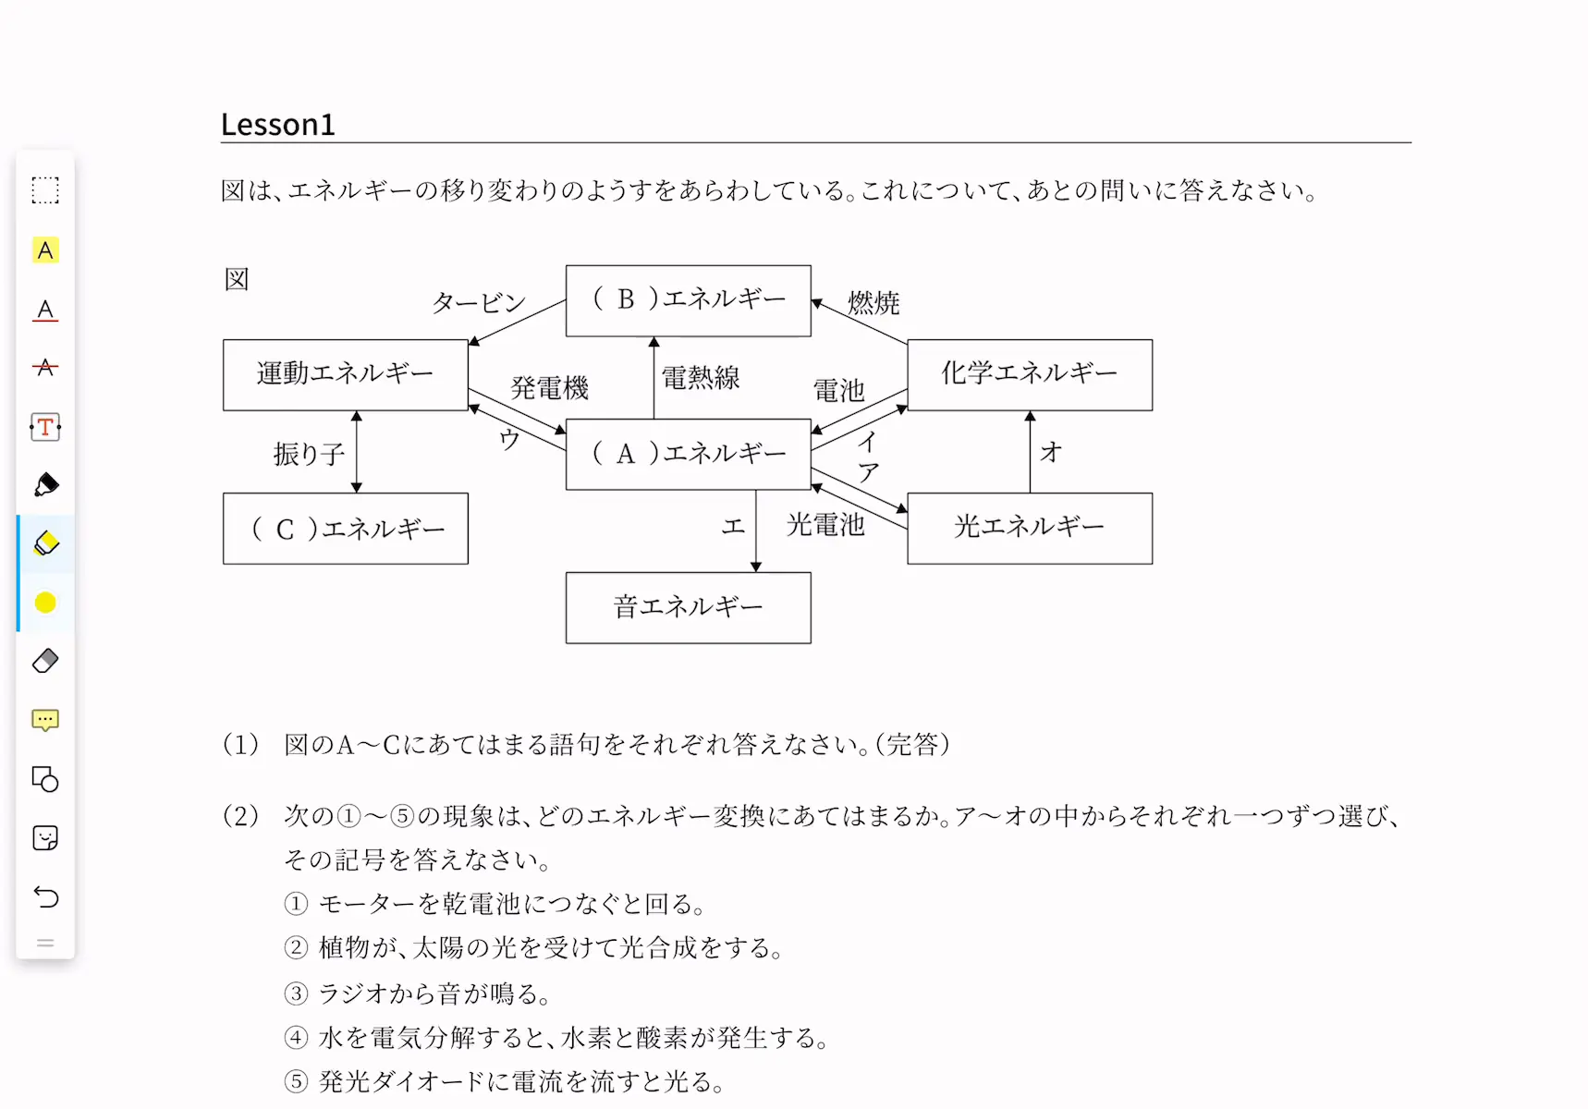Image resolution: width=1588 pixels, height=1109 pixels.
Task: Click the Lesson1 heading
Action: click(277, 125)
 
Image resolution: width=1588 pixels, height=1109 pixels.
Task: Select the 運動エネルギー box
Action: click(346, 374)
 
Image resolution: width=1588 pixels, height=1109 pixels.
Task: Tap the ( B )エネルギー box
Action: click(689, 300)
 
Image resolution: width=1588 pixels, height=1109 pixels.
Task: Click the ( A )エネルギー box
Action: click(689, 454)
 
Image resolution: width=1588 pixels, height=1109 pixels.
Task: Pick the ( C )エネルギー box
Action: click(346, 528)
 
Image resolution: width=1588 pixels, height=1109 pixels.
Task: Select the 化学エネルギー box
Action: click(1030, 374)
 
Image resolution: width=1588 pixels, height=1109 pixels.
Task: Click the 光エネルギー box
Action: click(1030, 528)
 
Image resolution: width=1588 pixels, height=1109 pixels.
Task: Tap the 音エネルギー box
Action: click(689, 607)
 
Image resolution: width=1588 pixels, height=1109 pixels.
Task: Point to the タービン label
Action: click(479, 302)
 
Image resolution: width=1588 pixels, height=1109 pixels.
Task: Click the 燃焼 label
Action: click(873, 302)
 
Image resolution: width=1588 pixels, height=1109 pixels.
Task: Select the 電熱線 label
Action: click(701, 377)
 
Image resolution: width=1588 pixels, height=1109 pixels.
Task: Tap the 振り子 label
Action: click(309, 454)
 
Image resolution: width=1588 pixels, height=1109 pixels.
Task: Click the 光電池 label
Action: click(825, 525)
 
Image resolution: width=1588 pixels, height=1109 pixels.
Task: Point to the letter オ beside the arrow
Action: click(1051, 452)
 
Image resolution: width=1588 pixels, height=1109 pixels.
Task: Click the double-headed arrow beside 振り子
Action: click(357, 452)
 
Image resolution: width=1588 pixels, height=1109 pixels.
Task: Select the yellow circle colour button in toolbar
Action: click(45, 603)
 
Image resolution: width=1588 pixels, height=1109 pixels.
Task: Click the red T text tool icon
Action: click(45, 427)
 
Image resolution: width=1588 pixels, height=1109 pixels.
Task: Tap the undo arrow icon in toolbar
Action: click(45, 896)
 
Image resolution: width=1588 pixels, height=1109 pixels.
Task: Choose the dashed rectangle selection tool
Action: click(45, 190)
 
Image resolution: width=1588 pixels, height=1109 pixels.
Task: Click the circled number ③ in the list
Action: click(296, 993)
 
